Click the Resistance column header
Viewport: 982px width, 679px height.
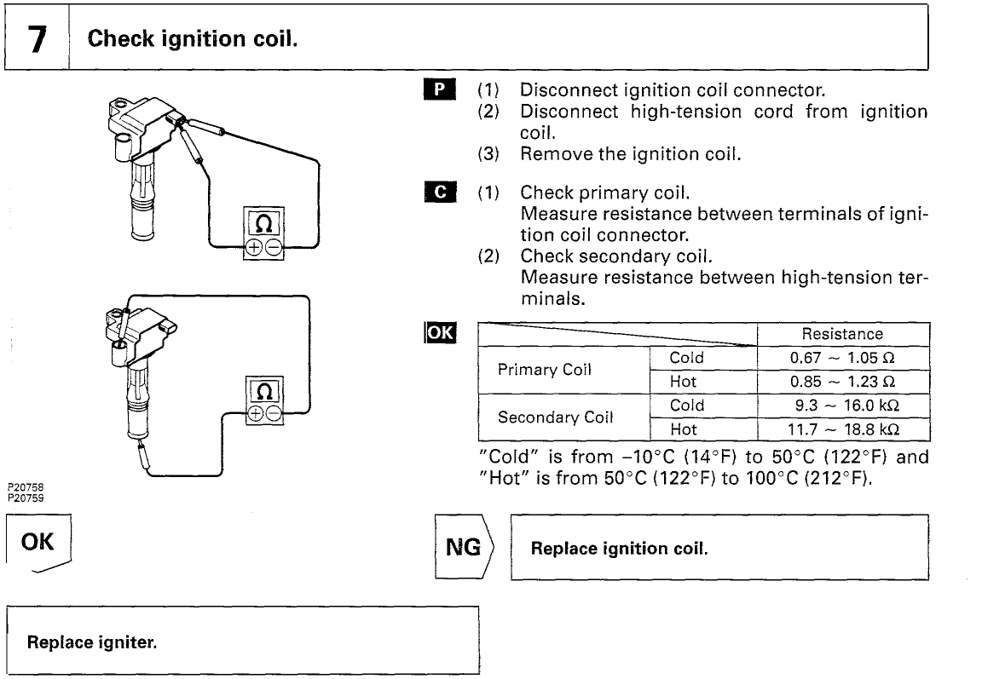click(x=842, y=334)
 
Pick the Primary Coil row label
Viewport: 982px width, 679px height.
click(x=546, y=369)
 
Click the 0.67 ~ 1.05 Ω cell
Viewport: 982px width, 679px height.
click(x=842, y=358)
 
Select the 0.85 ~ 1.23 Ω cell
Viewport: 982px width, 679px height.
click(x=842, y=381)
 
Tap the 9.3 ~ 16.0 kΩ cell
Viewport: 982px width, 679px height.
click(x=842, y=405)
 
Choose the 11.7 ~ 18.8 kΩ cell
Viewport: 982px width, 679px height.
click(x=842, y=429)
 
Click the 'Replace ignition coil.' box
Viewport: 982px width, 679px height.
click(x=718, y=548)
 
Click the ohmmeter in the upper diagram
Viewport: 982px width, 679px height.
click(x=265, y=233)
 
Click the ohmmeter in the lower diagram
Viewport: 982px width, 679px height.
click(x=265, y=400)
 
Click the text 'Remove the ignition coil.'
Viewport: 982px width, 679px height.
click(x=626, y=153)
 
